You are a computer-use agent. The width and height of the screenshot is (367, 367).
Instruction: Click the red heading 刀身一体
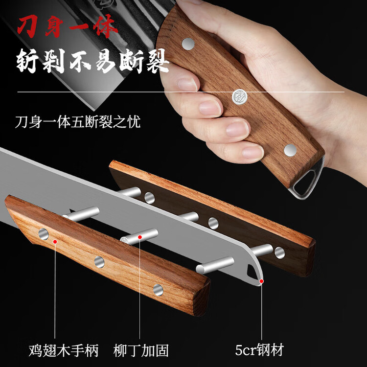(67, 26)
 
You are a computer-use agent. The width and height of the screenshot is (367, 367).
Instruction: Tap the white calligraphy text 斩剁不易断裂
(92, 61)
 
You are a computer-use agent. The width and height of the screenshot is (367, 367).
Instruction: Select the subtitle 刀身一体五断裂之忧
(78, 121)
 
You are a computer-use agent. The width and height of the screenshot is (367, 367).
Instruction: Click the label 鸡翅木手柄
(64, 350)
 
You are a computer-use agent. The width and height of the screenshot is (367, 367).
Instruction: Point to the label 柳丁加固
(141, 350)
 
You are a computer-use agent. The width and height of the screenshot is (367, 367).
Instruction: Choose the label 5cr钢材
(259, 350)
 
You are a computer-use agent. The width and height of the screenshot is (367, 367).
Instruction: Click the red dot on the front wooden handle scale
(55, 242)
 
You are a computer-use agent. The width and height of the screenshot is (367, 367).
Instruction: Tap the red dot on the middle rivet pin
(140, 237)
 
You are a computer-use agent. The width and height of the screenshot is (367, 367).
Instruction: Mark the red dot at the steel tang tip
(261, 281)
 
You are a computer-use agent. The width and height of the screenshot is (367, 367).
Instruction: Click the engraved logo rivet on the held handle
(240, 96)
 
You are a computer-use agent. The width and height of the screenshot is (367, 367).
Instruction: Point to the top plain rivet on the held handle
(188, 44)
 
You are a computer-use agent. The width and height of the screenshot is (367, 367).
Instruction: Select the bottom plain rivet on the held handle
(290, 150)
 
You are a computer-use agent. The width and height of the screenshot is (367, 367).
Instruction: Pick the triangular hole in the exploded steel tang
(252, 272)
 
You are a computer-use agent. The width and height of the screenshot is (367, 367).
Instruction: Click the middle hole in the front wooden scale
(99, 262)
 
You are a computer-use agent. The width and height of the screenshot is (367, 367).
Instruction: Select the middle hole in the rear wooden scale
(213, 223)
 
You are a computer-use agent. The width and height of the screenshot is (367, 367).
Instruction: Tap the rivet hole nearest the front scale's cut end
(158, 290)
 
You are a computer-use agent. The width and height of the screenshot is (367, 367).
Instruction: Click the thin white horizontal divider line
(181, 92)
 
